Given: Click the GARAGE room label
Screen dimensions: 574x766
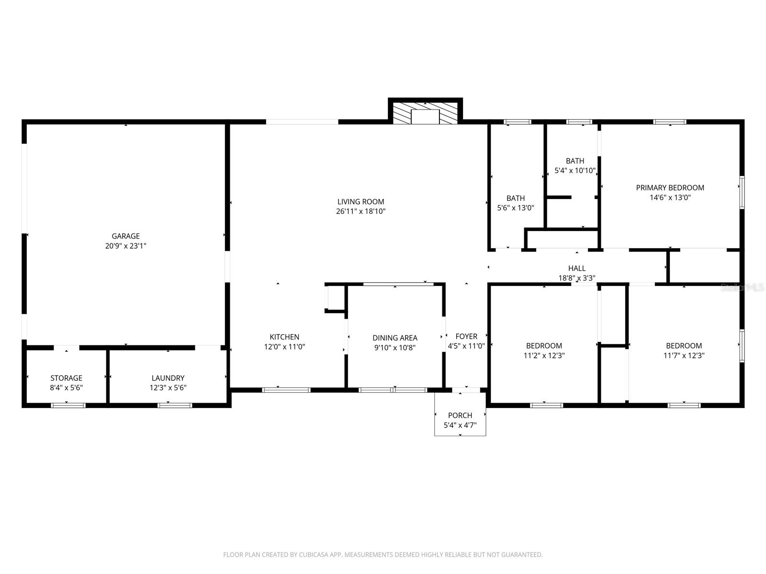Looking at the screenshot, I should click(x=125, y=236).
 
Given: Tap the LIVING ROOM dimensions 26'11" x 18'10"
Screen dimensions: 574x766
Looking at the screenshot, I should click(x=360, y=211).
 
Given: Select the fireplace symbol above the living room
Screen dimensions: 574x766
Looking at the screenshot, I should click(x=425, y=113).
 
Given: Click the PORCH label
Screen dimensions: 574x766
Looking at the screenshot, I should click(x=460, y=415).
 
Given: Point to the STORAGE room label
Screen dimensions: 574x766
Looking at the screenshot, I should click(x=66, y=378).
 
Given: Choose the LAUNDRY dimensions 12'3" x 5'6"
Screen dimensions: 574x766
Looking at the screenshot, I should click(x=168, y=388).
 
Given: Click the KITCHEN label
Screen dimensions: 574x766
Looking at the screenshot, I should click(x=284, y=337).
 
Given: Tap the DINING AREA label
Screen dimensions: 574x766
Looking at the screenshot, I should click(x=395, y=338).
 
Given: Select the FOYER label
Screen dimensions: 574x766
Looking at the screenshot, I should click(x=466, y=336).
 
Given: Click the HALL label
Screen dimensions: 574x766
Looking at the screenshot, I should click(x=577, y=268).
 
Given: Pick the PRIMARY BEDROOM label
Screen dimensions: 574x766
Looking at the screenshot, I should click(x=670, y=188).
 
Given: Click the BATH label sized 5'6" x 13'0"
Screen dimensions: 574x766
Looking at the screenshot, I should click(x=516, y=198).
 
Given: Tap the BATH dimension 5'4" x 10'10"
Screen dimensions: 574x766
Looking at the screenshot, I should click(x=574, y=171).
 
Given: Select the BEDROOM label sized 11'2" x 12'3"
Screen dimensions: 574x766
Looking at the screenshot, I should click(x=544, y=345).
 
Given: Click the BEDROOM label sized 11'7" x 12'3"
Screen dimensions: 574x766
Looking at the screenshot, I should click(x=684, y=345).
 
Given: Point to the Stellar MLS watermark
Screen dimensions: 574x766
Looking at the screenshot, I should click(x=743, y=287).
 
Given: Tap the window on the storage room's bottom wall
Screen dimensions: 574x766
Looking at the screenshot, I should click(x=68, y=405).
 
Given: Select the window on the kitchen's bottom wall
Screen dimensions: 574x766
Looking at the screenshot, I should click(x=286, y=390).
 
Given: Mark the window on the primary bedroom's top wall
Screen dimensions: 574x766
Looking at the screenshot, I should click(x=670, y=122).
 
